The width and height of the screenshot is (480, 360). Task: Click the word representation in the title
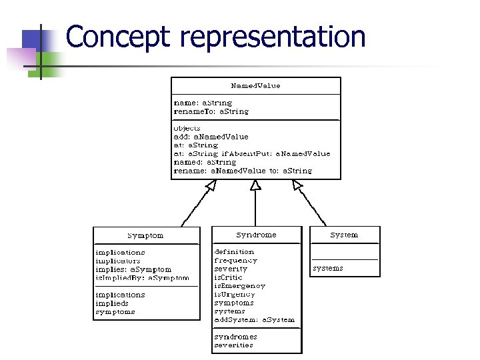[x=273, y=37]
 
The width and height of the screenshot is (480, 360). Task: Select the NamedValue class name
[x=255, y=86]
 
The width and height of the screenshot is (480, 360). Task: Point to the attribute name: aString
[x=203, y=103]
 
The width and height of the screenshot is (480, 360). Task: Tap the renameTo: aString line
[x=211, y=111]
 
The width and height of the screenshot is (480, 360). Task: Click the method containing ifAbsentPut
[x=251, y=153]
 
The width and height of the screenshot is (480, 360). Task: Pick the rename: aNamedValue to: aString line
[x=242, y=171]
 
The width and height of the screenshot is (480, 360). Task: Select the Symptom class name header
[x=145, y=235]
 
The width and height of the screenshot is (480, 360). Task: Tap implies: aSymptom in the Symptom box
[x=133, y=269]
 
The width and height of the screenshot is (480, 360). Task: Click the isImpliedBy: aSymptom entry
[x=141, y=278]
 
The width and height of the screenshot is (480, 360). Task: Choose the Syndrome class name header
[x=256, y=235]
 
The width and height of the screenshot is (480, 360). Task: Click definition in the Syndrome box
[x=234, y=252]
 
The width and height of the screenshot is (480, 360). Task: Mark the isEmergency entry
[x=239, y=285]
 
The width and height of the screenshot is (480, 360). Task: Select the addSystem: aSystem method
[x=254, y=319]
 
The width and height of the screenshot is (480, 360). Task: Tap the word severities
[x=233, y=345]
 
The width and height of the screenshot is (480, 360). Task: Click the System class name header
[x=344, y=235]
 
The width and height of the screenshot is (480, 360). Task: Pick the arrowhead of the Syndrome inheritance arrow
[x=255, y=185]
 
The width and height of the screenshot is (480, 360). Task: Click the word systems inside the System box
[x=327, y=268]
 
